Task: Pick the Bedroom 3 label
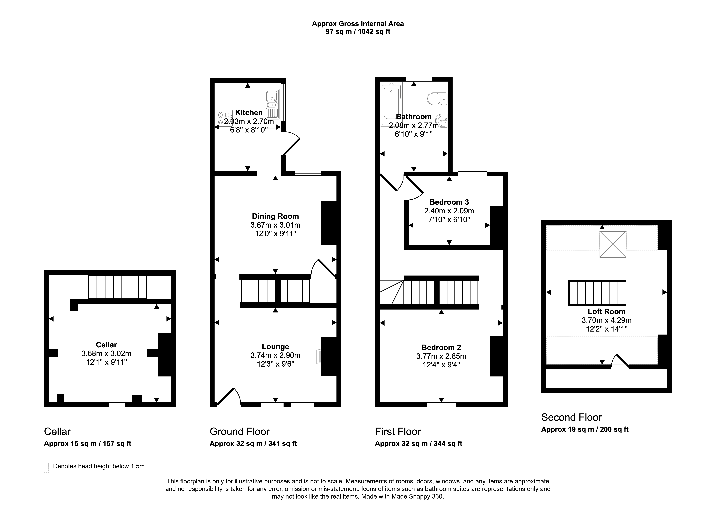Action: (449, 202)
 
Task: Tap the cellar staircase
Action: (118, 287)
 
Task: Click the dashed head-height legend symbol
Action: (46, 468)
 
